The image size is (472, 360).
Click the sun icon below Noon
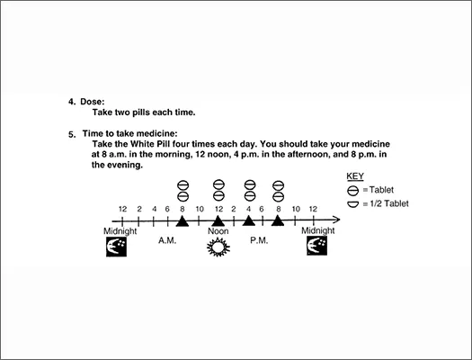click(218, 247)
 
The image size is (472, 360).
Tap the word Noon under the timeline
click(218, 231)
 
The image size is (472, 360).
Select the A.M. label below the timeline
click(167, 240)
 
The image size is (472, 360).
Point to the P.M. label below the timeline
click(259, 240)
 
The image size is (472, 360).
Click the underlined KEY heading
click(355, 176)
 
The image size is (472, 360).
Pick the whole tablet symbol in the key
click(352, 191)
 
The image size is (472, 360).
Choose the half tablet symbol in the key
click(352, 204)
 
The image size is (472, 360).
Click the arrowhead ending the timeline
click(336, 220)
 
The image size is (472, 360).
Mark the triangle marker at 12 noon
click(218, 220)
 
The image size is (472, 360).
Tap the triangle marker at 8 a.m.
click(183, 220)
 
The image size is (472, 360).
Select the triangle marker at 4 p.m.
click(249, 220)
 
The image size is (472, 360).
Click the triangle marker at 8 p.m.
click(278, 220)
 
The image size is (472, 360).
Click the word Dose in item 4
click(92, 102)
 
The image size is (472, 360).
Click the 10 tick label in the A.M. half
click(200, 209)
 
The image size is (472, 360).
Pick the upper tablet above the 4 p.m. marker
click(250, 184)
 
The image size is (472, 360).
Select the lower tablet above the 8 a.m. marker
click(183, 196)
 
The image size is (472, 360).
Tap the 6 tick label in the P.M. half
click(262, 209)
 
